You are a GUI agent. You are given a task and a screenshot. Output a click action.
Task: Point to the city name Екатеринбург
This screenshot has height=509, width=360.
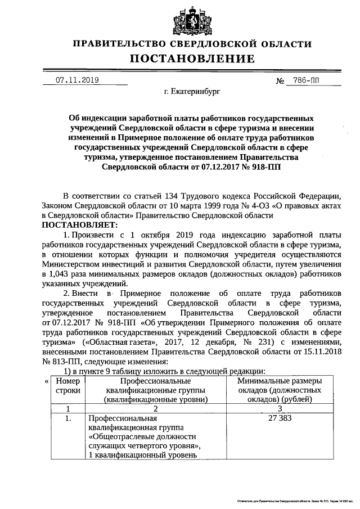(x=193, y=90)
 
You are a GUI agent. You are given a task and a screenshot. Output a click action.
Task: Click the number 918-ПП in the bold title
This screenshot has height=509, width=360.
(x=267, y=166)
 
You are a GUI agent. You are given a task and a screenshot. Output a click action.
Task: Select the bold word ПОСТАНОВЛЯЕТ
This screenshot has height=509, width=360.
(x=75, y=225)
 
